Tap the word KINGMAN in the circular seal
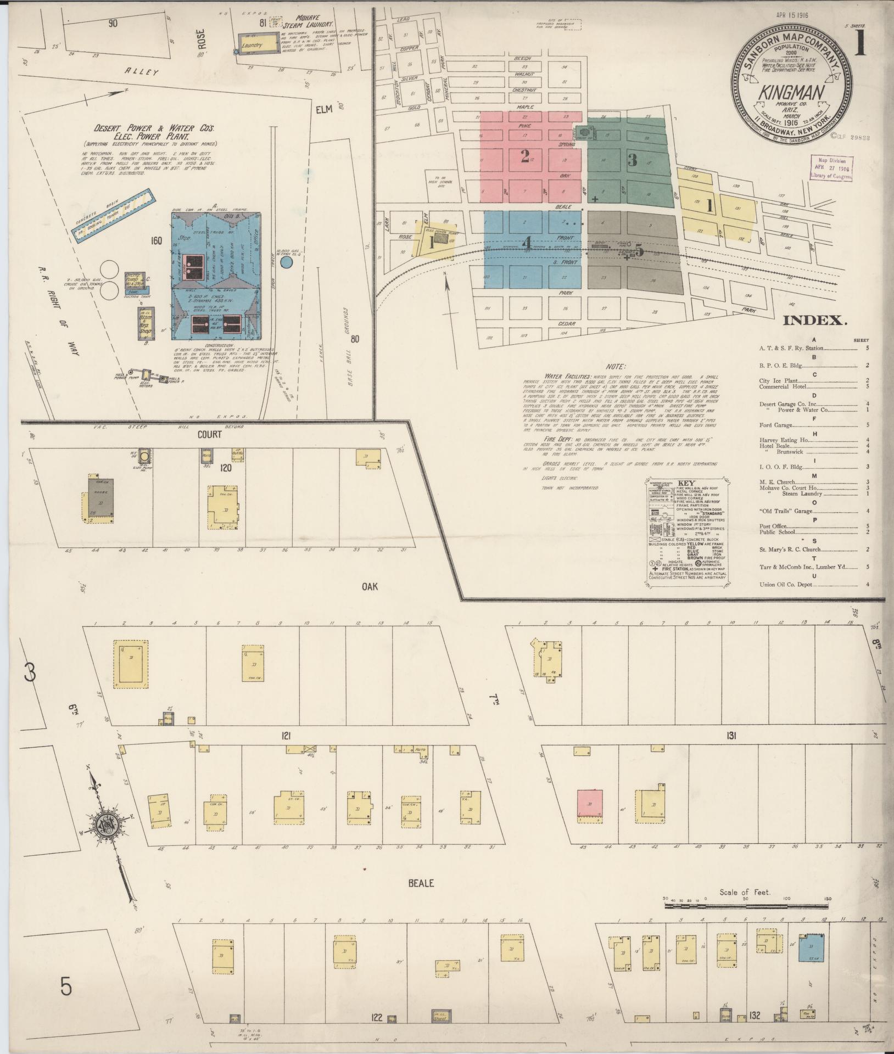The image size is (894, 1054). [x=791, y=93]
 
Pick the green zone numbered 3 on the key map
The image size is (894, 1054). [x=632, y=160]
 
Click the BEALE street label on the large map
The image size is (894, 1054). [x=421, y=883]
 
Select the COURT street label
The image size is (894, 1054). [x=210, y=434]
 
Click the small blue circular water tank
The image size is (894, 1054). [x=286, y=263]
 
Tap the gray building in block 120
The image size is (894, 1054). [x=101, y=498]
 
